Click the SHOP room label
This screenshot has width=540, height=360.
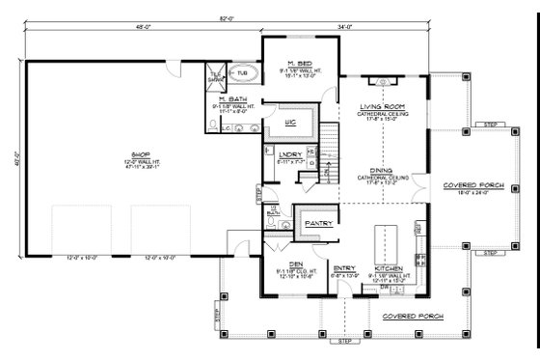(125, 152)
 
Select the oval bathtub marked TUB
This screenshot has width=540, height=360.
(241, 73)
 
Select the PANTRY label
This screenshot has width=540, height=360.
(318, 223)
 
